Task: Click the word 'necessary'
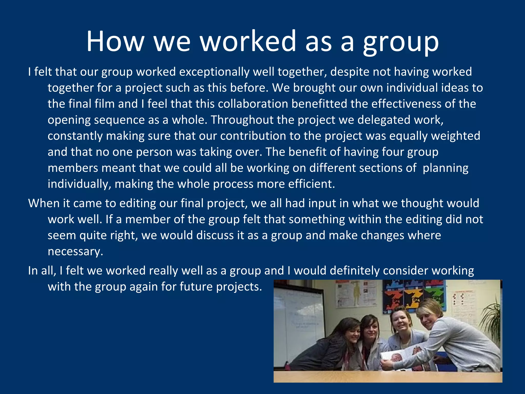click(75, 251)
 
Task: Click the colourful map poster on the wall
click(414, 295)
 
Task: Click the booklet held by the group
click(395, 358)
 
